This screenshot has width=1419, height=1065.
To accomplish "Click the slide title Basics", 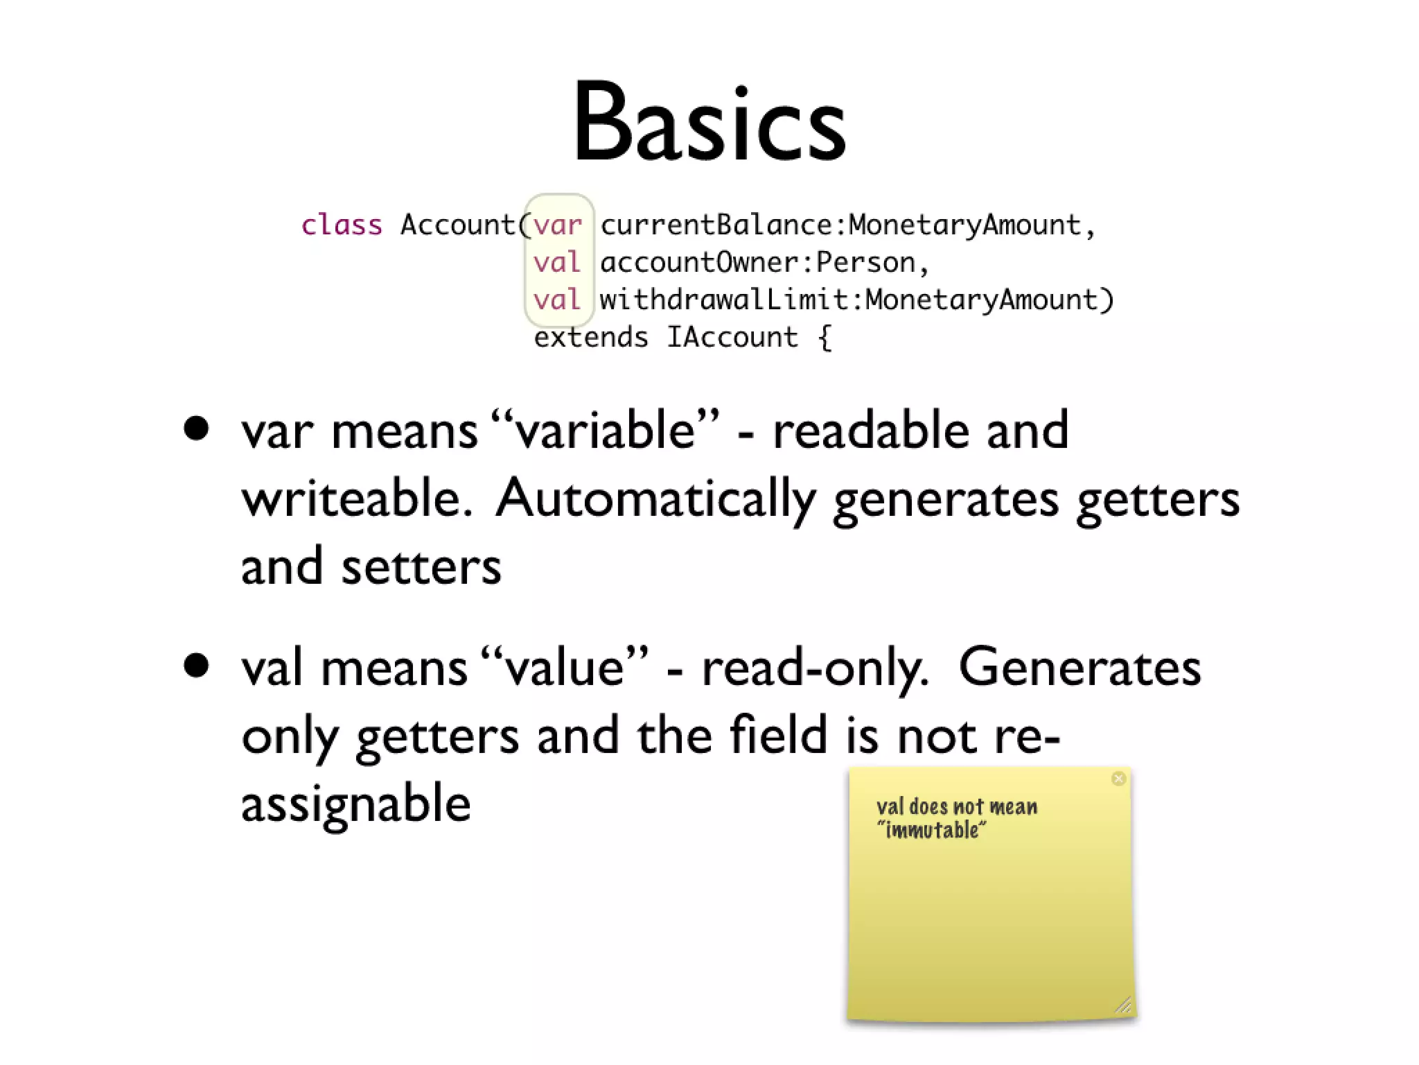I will pos(709,123).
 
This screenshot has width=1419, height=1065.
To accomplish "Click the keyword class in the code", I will pos(342,225).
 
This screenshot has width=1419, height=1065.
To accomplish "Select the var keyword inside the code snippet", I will pos(557,225).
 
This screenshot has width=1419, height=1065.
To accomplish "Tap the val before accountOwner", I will pos(556,262).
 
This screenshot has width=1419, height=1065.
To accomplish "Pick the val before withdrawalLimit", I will pos(556,300).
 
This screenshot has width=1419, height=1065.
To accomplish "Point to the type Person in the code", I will pos(865,262).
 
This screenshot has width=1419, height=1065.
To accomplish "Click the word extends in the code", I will pos(590,338).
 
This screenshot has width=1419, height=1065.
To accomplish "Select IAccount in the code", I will pos(732,338).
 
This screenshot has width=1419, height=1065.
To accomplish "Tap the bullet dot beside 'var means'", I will pos(197,428).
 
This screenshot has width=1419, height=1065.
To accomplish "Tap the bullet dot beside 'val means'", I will pos(197,666).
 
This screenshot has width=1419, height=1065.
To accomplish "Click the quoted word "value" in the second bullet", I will pos(564,668).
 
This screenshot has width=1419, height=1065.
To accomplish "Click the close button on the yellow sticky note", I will pos(1118,779).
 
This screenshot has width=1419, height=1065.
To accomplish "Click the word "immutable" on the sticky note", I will pos(931,830).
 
